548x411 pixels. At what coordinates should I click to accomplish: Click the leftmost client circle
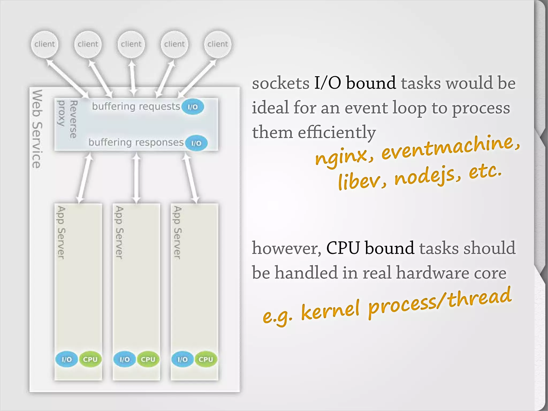click(x=44, y=44)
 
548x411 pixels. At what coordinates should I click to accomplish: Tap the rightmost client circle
click(x=218, y=44)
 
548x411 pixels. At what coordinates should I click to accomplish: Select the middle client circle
click(x=131, y=44)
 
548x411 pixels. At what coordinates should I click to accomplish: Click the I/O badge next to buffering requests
click(x=193, y=107)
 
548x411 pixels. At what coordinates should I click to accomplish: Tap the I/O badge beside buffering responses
click(x=196, y=143)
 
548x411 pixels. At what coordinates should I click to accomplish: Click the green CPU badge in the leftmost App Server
click(x=90, y=359)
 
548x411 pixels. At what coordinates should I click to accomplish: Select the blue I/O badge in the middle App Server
click(x=124, y=359)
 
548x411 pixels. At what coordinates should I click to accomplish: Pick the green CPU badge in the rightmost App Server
click(x=206, y=359)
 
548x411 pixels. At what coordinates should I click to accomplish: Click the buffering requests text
click(x=136, y=106)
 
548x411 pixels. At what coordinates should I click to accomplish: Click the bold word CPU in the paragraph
click(x=343, y=248)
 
